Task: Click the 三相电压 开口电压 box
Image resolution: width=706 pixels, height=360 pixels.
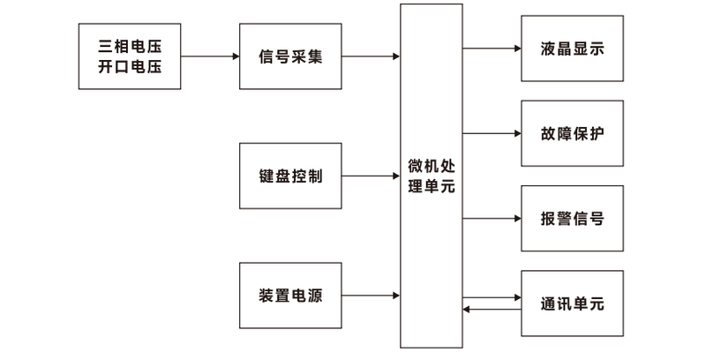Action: click(130, 56)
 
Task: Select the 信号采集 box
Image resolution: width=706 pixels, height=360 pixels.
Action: click(290, 56)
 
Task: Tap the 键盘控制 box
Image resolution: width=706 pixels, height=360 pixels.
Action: click(290, 176)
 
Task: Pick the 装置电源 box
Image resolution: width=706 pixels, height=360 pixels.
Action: click(290, 295)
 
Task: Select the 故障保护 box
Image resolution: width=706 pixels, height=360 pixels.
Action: click(572, 133)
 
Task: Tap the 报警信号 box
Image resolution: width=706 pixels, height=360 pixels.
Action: click(572, 218)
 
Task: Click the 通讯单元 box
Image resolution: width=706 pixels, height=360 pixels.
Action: click(572, 303)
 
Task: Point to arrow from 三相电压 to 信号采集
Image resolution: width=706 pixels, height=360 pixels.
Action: click(210, 56)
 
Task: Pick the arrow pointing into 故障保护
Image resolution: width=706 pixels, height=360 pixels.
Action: click(492, 133)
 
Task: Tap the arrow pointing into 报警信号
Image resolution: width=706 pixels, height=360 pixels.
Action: click(492, 218)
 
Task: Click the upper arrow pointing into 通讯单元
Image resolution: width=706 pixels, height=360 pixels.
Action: click(492, 297)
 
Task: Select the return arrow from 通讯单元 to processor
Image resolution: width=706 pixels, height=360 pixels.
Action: click(492, 309)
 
